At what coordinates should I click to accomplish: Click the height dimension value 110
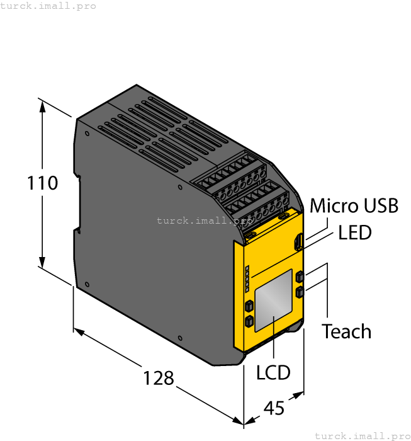coord(43,183)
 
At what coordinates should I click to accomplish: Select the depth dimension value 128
coord(158,378)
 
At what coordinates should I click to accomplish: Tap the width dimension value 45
coord(274,408)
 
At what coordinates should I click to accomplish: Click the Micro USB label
coord(354,206)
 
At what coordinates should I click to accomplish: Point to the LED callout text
coord(355,232)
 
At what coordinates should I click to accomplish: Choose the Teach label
coord(346,331)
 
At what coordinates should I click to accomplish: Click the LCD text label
coord(273,372)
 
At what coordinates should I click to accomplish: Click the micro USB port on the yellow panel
coord(300,241)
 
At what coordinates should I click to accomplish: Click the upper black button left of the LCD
coord(249,306)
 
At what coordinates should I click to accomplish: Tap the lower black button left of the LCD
coord(249,323)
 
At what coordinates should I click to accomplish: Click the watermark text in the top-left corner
coord(48,6)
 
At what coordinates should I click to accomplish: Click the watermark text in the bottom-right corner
coord(362,435)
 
